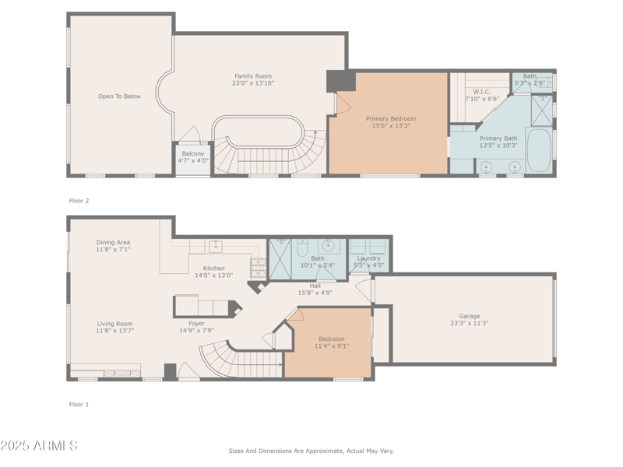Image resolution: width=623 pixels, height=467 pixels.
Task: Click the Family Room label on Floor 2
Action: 253,76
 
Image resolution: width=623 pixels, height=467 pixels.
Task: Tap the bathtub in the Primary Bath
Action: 538,149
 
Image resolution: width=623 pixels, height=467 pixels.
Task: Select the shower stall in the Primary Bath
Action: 541,110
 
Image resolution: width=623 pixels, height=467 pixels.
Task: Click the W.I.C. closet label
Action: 481,92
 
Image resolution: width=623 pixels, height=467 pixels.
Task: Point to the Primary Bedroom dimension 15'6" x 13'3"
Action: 391,125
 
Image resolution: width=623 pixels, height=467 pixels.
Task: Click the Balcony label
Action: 193,153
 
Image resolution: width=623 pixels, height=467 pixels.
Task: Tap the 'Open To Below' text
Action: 119,97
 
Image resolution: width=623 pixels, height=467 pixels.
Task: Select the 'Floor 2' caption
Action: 79,201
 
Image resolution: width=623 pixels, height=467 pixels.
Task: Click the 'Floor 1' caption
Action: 79,404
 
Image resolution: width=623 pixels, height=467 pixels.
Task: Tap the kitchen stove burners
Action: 258,267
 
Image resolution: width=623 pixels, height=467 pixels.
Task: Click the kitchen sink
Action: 215,247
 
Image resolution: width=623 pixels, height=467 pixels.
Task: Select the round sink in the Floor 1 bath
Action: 329,246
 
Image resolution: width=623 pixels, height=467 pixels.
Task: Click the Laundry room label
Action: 368,258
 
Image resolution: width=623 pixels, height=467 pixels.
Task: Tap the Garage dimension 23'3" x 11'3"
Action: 469,323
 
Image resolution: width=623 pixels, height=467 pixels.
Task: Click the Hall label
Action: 315,286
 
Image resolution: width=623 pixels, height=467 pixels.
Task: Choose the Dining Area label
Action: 113,242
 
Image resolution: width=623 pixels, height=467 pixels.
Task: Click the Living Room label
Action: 114,324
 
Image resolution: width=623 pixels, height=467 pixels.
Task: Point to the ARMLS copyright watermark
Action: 39,446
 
